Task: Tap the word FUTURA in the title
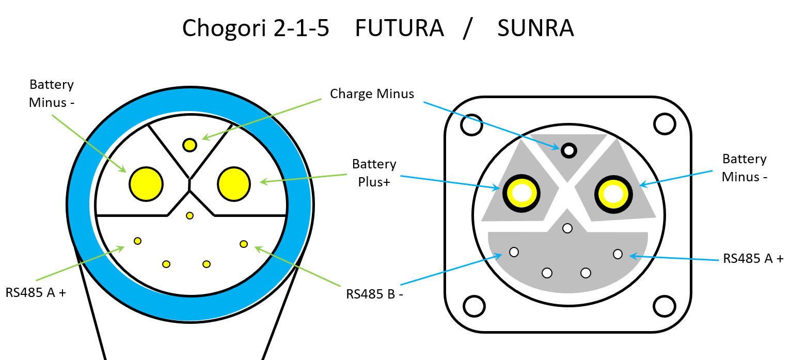(x=399, y=28)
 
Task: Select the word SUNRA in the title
(x=535, y=28)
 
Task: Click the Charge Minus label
(x=372, y=93)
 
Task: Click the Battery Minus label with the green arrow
(x=52, y=93)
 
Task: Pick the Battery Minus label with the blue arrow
(x=744, y=167)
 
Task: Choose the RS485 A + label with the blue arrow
(x=753, y=258)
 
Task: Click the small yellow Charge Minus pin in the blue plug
(x=189, y=145)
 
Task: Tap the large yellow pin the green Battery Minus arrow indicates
(x=146, y=183)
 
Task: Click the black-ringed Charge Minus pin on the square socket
(x=569, y=150)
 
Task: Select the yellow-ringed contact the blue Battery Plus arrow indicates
(x=521, y=194)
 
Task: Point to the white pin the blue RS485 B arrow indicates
(x=514, y=252)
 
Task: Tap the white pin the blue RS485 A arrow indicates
(x=618, y=254)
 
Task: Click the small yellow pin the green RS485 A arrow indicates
(x=137, y=240)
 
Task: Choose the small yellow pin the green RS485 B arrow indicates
(x=244, y=243)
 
